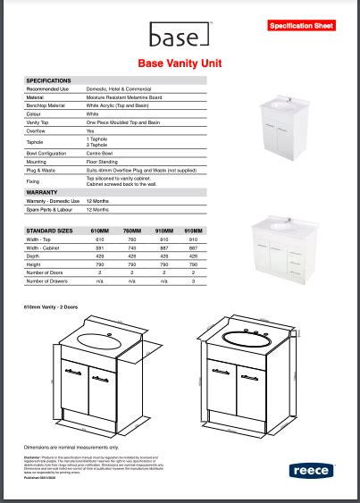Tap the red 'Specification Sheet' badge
[x=301, y=26]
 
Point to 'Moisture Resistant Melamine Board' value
[x=124, y=97]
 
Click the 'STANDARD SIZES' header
[x=48, y=231]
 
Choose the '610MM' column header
[x=100, y=231]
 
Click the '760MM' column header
[x=131, y=231]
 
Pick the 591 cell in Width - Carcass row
[x=100, y=247]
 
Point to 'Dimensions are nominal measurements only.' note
[x=71, y=446]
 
